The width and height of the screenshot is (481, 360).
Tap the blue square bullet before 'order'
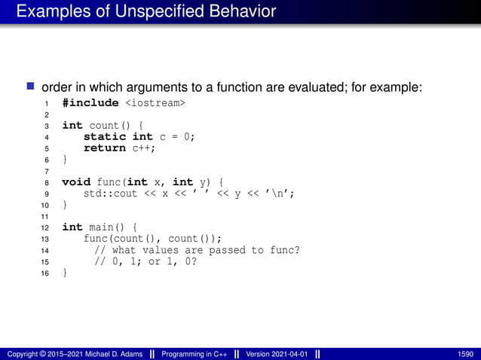pos(32,87)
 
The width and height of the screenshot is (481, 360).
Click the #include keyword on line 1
pos(90,102)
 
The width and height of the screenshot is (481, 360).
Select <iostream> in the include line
pos(155,102)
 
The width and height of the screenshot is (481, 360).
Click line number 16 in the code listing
pos(45,273)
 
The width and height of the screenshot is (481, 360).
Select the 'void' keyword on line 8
pos(76,182)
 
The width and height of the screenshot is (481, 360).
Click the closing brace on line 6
pos(65,160)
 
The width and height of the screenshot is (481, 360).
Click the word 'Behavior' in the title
pos(243,11)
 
